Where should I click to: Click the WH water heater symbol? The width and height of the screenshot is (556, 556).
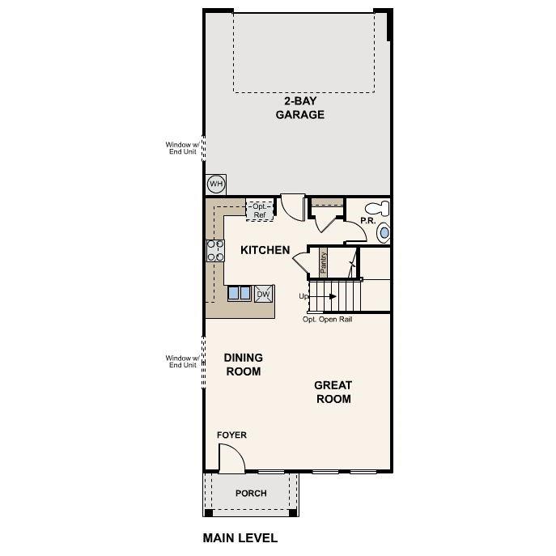pyautogui.click(x=215, y=185)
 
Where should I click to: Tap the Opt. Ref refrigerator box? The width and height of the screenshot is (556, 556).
pyautogui.click(x=259, y=210)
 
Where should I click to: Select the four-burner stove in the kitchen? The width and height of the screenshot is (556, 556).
pyautogui.click(x=215, y=251)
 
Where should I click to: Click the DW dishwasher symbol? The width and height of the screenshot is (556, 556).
pyautogui.click(x=264, y=294)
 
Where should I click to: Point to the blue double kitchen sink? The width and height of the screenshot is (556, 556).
pyautogui.click(x=239, y=293)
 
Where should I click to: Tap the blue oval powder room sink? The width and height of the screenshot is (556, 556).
pyautogui.click(x=384, y=233)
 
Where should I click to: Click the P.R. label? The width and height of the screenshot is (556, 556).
pyautogui.click(x=367, y=220)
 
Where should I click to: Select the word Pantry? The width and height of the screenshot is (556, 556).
pyautogui.click(x=322, y=261)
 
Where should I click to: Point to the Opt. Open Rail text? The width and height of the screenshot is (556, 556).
pyautogui.click(x=327, y=319)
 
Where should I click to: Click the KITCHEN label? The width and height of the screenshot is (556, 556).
pyautogui.click(x=265, y=250)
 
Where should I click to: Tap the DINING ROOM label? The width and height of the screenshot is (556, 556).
pyautogui.click(x=244, y=364)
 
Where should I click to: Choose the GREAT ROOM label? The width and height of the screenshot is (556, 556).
pyautogui.click(x=333, y=392)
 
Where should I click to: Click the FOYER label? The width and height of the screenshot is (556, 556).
pyautogui.click(x=231, y=435)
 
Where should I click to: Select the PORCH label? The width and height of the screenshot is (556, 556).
pyautogui.click(x=251, y=493)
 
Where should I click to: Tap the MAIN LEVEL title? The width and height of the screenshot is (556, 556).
pyautogui.click(x=240, y=537)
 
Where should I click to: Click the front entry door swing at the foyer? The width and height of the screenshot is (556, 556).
pyautogui.click(x=232, y=460)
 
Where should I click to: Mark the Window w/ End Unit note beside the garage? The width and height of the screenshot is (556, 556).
pyautogui.click(x=181, y=149)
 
